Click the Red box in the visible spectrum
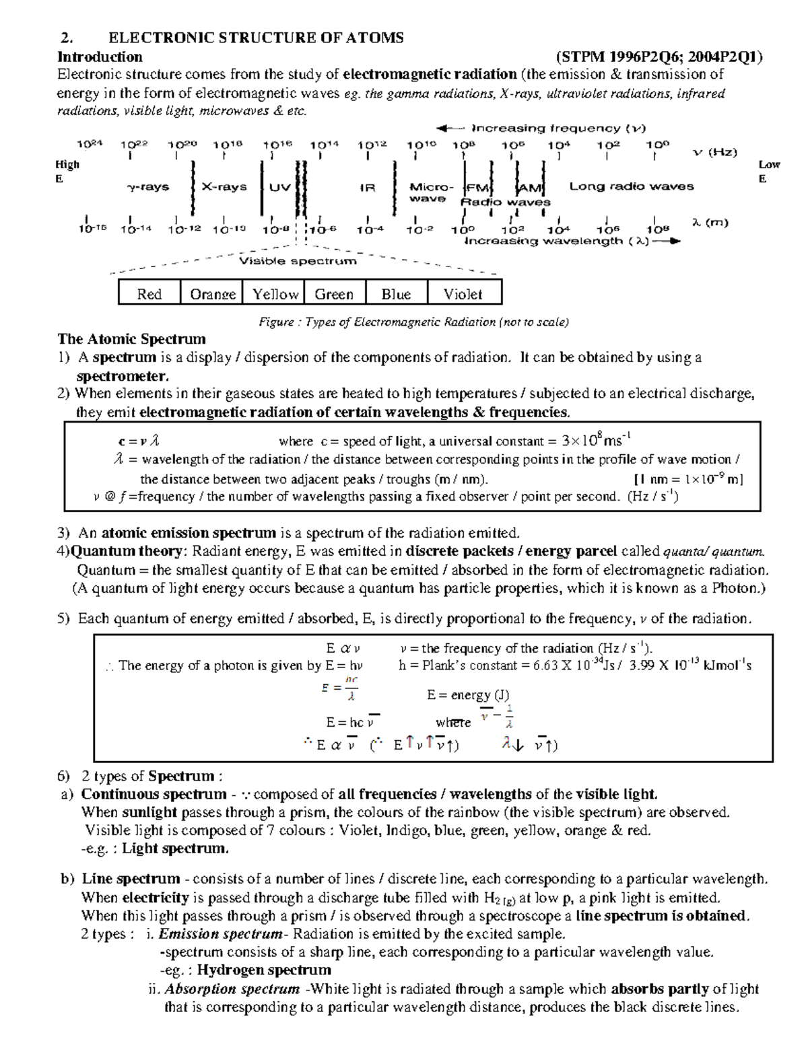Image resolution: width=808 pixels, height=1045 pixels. (x=149, y=293)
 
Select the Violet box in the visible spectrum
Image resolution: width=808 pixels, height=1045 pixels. (x=463, y=293)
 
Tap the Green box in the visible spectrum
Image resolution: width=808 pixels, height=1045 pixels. (x=334, y=293)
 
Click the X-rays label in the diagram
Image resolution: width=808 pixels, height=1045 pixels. (x=224, y=186)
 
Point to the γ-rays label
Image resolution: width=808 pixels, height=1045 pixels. (x=148, y=186)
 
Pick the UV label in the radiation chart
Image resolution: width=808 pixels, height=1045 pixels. (x=279, y=187)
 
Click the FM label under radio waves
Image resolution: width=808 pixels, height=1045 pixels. (x=479, y=188)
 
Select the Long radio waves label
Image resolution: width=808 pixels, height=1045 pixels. (x=631, y=186)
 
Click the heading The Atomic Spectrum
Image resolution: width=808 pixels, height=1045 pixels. (x=131, y=338)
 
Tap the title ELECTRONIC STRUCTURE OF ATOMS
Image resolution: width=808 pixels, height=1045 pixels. (x=256, y=38)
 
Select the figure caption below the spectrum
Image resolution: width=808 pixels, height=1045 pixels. (x=413, y=322)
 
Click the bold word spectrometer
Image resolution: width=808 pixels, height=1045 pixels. (x=122, y=375)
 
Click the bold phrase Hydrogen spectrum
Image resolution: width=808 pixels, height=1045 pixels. (x=264, y=970)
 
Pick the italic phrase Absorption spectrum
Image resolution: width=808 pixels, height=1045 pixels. (x=232, y=988)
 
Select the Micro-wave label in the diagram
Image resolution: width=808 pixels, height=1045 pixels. (x=431, y=192)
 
